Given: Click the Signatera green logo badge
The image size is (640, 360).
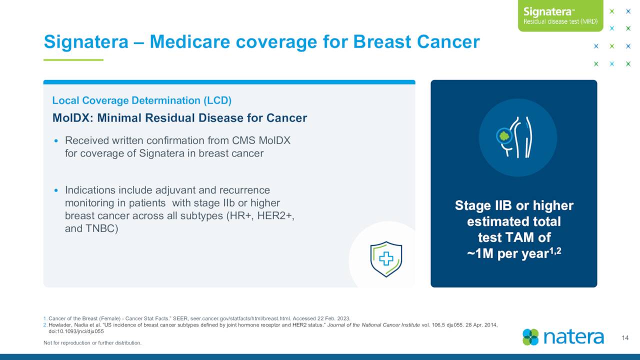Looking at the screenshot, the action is (560, 15).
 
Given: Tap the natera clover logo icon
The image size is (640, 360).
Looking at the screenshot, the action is (530, 337).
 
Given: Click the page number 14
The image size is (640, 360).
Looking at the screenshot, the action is (625, 338).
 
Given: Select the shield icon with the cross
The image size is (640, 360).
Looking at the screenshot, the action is (386, 259).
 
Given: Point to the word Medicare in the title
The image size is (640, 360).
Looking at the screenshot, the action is (190, 41).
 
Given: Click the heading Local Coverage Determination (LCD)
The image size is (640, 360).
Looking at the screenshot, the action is (141, 100).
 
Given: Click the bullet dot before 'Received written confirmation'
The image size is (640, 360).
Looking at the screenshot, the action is (56, 141).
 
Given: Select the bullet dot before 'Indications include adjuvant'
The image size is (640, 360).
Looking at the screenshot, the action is (56, 190).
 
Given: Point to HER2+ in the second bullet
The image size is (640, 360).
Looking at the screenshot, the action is (275, 215).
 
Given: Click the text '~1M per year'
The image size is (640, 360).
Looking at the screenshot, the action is (507, 253).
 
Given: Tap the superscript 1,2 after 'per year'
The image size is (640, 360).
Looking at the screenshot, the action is (555, 251).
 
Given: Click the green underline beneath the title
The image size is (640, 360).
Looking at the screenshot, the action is (73, 60).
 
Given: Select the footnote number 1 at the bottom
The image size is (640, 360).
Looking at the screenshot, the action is (45, 318).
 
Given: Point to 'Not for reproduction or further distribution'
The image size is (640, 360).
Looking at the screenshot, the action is (92, 342).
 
